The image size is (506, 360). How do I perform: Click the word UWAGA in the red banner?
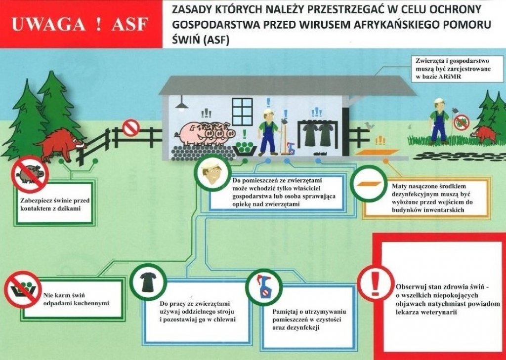pos(48,25)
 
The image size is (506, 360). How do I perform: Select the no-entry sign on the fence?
pos(131,128)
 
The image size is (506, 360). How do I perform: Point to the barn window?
pos(242,112)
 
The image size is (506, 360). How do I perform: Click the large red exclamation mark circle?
pos(376,283)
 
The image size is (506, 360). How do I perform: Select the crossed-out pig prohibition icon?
pos(30,174)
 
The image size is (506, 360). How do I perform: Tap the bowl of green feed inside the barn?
pos(245,148)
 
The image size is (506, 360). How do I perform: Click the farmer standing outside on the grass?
pos(438,121)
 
